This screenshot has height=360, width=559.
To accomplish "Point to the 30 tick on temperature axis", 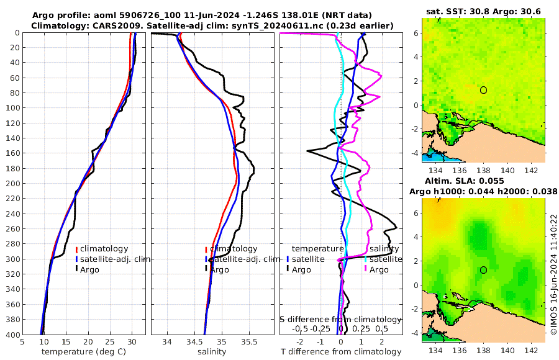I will coord(132,341).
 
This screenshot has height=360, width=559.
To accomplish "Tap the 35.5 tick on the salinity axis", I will coord(248,341).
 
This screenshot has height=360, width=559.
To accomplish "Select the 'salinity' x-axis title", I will coord(212,351).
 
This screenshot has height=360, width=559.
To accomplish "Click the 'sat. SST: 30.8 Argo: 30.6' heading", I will coord(483,11).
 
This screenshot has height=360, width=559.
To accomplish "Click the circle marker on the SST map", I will coord(483,90).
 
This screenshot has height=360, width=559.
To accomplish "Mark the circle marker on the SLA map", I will coord(483,270).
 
